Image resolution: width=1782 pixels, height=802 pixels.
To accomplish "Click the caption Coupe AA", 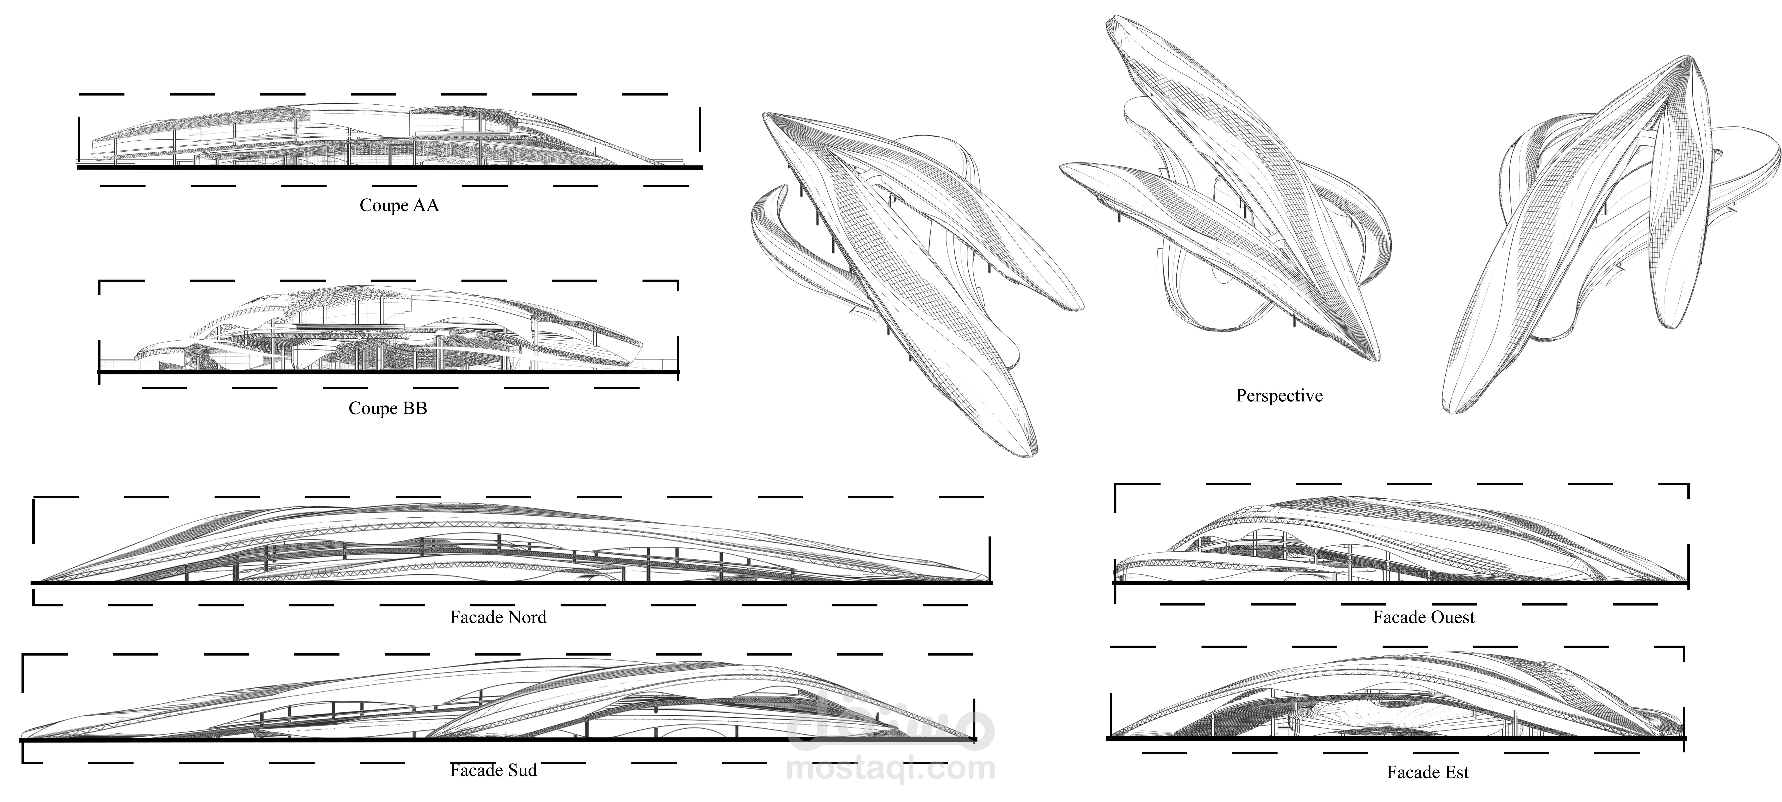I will pyautogui.click(x=399, y=206).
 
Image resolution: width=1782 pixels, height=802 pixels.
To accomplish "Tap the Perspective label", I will pyautogui.click(x=1279, y=396).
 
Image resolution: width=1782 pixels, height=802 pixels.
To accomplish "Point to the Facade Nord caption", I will pyautogui.click(x=498, y=617).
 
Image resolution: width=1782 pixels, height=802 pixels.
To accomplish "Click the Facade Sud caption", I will pyautogui.click(x=493, y=770).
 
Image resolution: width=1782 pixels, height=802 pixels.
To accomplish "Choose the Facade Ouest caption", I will pyautogui.click(x=1424, y=617).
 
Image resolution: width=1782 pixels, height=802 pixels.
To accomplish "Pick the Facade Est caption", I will pyautogui.click(x=1428, y=772).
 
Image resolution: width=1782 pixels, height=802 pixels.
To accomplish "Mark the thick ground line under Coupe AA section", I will pyautogui.click(x=389, y=168).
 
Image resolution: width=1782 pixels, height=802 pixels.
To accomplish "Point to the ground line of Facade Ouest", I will pyautogui.click(x=1401, y=583).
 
